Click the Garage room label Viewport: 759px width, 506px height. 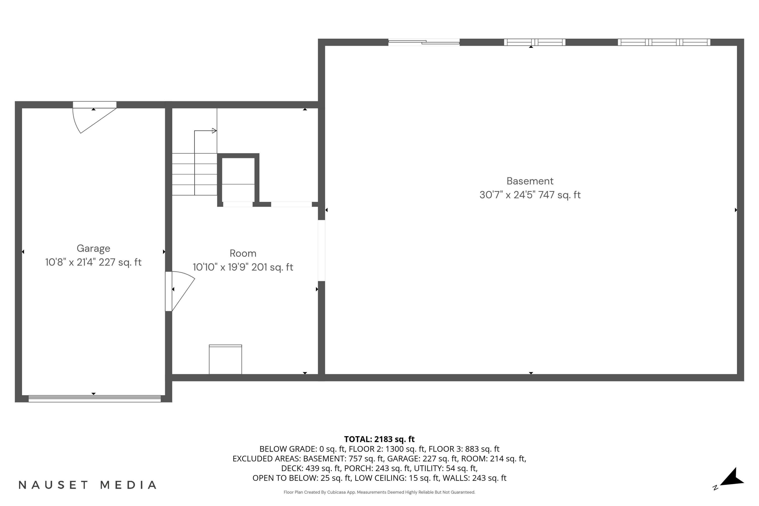point(93,248)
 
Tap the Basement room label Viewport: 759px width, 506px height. point(530,181)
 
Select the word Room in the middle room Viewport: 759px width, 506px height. point(243,253)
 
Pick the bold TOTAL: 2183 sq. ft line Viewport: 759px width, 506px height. point(379,439)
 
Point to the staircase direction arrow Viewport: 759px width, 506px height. point(214,131)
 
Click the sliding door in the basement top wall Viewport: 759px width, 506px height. point(424,42)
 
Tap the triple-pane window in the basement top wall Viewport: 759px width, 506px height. point(664,42)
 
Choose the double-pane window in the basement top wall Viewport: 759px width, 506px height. point(534,42)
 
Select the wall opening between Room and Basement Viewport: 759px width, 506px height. point(321,250)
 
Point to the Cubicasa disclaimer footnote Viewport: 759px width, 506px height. point(379,492)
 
